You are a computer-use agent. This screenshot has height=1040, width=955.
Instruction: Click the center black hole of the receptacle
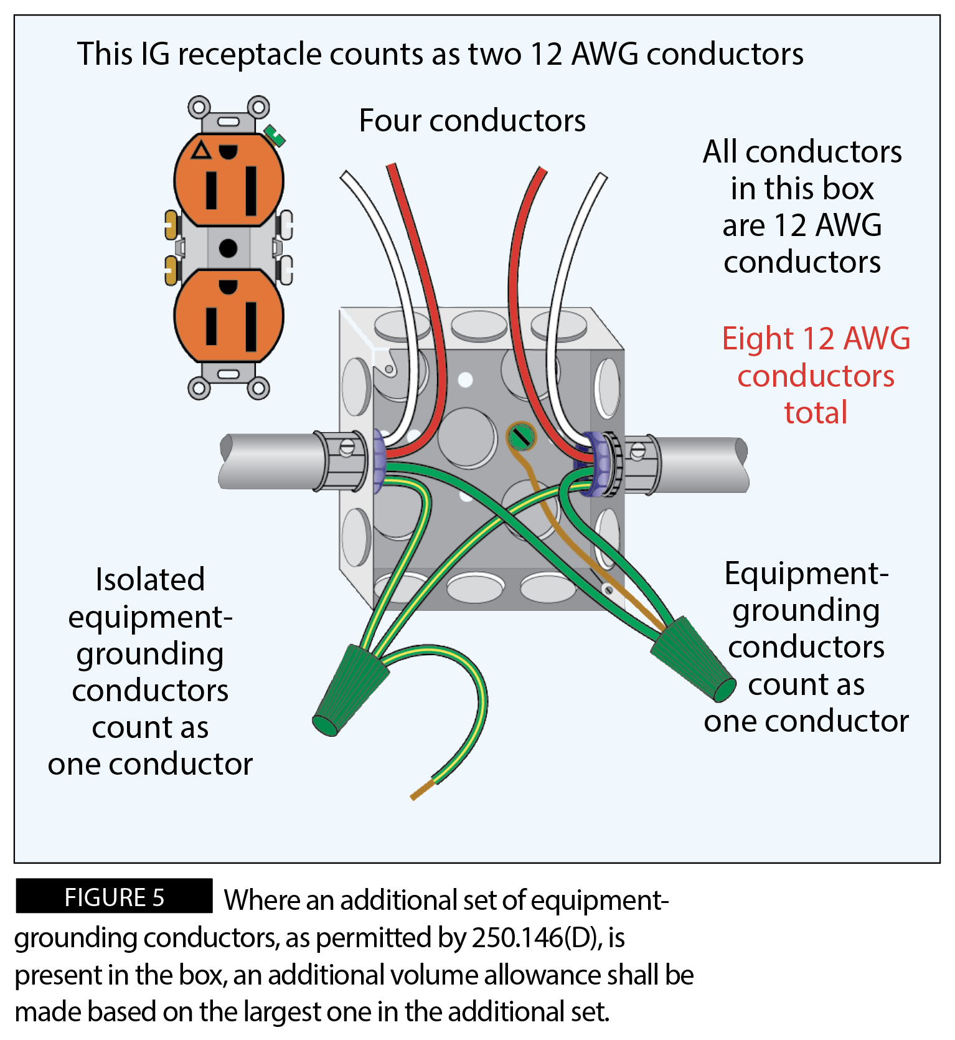[228, 248]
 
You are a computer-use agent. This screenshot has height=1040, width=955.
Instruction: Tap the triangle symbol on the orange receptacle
[201, 151]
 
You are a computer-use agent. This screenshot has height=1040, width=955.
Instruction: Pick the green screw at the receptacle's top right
[274, 135]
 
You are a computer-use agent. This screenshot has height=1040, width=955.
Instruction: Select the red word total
[816, 412]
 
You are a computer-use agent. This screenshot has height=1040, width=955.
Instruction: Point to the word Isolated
[150, 579]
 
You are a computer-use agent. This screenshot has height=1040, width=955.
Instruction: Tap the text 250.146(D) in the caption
[535, 937]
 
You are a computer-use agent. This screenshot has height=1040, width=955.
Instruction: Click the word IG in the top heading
[155, 54]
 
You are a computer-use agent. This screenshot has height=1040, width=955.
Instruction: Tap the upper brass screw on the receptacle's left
[171, 225]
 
